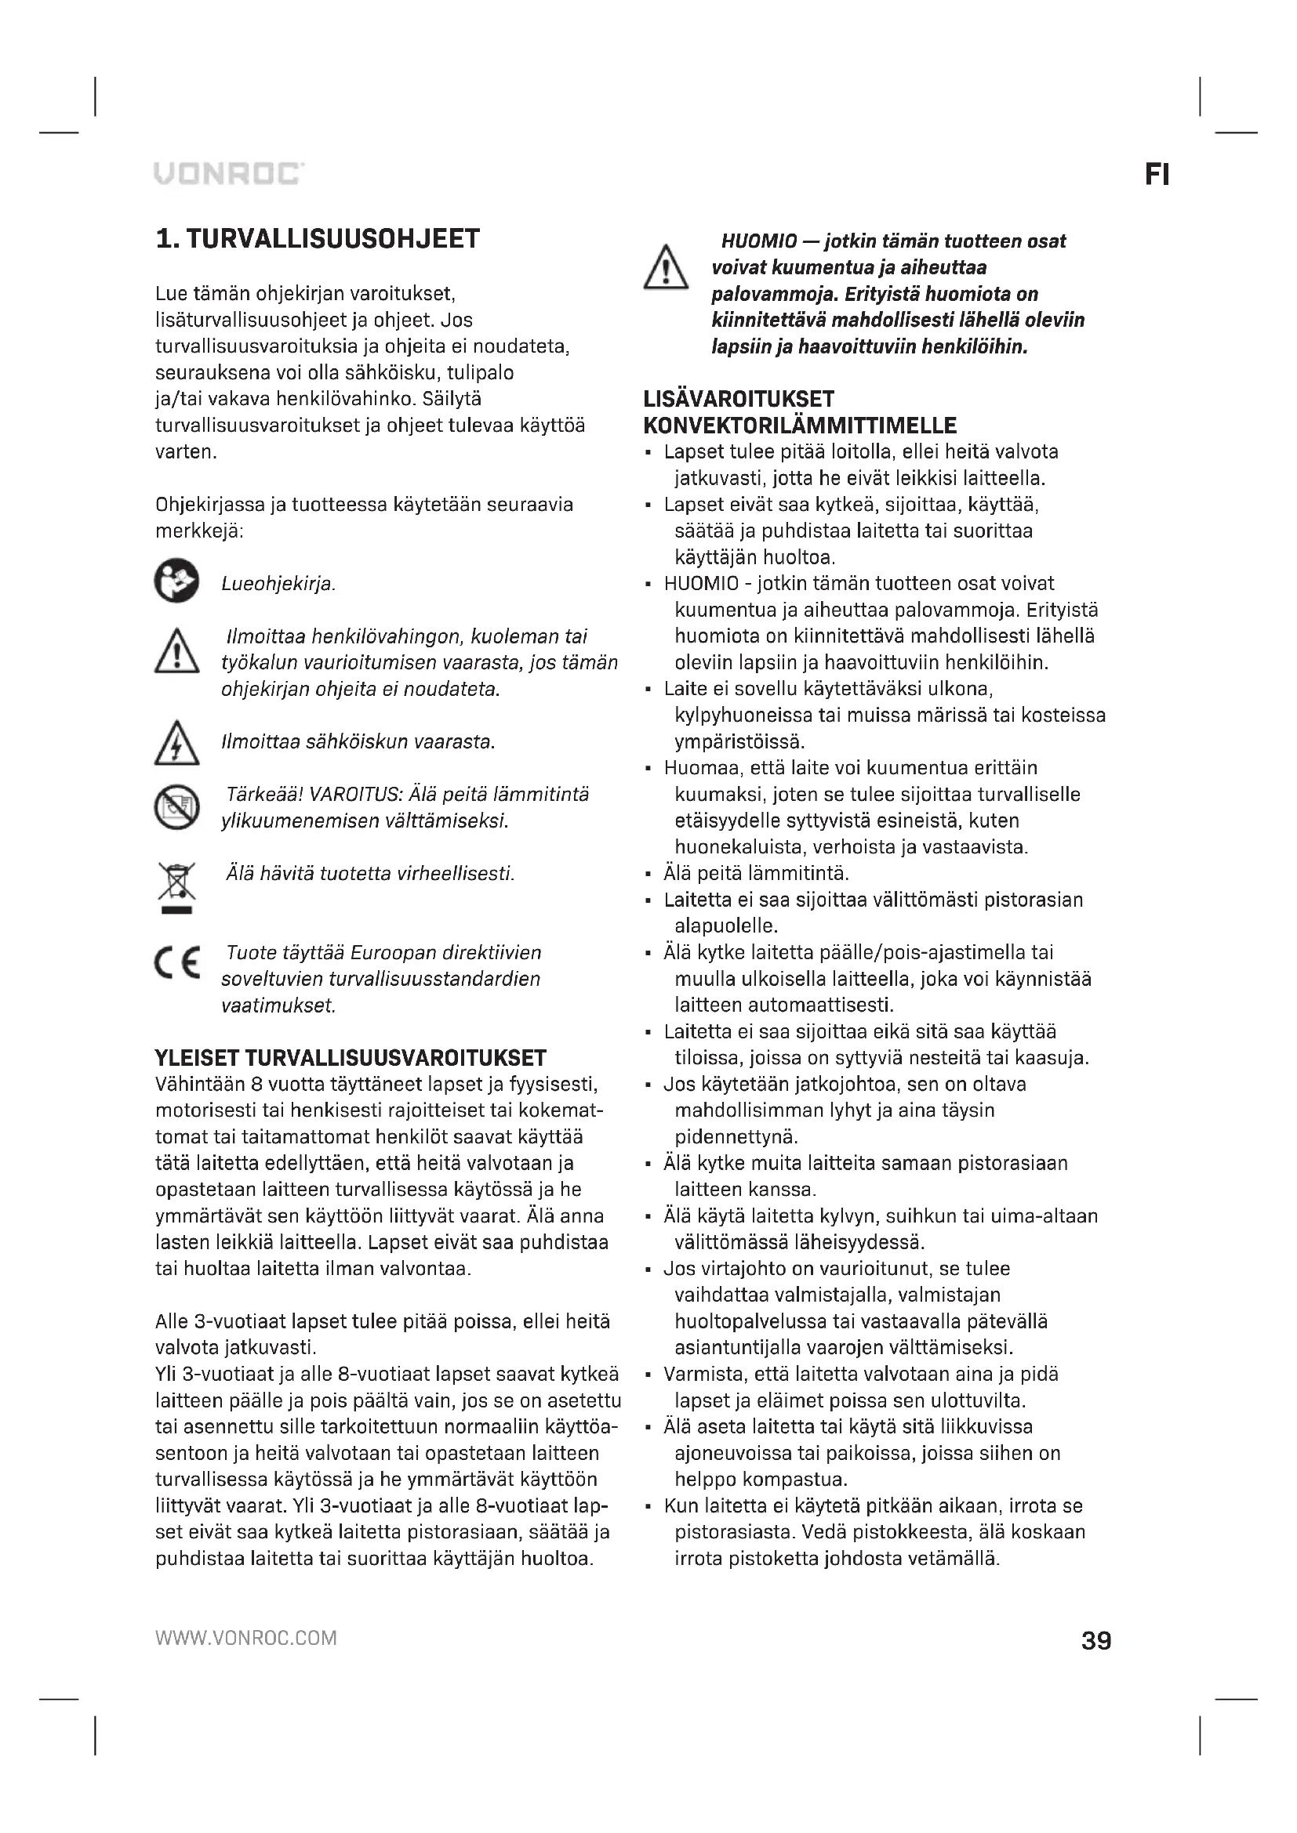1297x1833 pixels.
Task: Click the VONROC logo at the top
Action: (228, 173)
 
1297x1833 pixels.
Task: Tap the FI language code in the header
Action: (1157, 175)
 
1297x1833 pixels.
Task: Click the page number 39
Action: (1095, 1640)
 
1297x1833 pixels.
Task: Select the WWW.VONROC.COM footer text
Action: (246, 1638)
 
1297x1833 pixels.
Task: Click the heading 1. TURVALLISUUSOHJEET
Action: (318, 239)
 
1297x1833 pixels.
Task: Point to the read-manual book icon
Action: (176, 581)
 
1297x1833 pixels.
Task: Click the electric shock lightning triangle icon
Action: (176, 743)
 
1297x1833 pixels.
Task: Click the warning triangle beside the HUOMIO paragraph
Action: (665, 267)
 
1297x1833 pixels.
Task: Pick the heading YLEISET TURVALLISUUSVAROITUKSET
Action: (351, 1058)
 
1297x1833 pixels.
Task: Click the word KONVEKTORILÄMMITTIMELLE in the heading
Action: (801, 426)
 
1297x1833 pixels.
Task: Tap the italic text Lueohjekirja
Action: (278, 585)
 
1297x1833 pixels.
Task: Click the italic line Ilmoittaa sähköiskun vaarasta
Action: (358, 741)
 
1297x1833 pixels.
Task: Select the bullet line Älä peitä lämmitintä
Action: (755, 872)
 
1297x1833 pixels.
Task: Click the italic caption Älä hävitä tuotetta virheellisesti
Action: (370, 873)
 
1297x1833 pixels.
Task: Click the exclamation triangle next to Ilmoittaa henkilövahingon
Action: (176, 651)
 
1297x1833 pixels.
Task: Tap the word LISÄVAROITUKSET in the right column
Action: (739, 399)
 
